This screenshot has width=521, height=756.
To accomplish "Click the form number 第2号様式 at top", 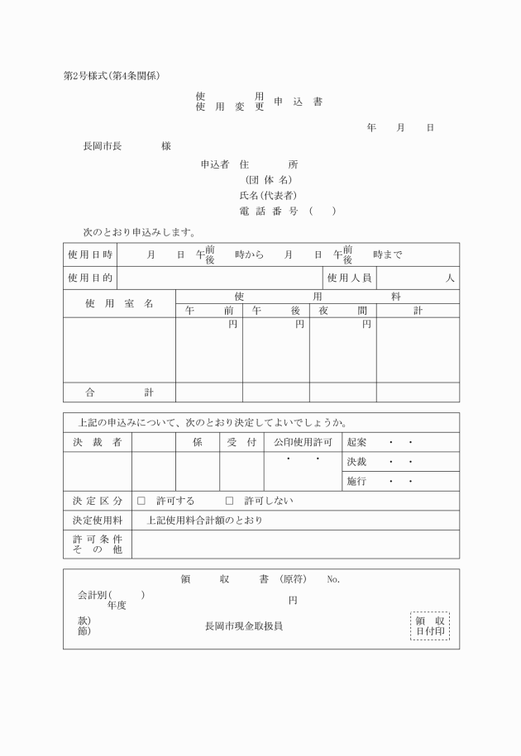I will point(88,76).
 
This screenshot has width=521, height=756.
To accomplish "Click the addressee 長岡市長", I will point(103,146).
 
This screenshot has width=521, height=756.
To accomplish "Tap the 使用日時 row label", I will point(90,254).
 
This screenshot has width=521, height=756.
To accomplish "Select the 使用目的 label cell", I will point(90,278).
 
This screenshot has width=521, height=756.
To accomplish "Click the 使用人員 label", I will point(349,278).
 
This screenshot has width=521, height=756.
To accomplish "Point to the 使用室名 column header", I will point(119,303).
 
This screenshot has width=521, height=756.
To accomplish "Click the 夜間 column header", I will point(343,311).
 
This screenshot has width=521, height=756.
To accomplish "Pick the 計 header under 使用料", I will point(418,311).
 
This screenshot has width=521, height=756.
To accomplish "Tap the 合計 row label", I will point(119,392).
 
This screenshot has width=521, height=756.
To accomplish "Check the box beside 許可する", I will point(141,501).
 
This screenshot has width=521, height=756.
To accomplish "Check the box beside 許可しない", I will point(230,501).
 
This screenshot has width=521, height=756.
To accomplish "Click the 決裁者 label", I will point(97,442).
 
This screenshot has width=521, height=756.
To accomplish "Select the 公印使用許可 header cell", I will point(303,442).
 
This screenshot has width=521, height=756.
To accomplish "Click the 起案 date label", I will point(356,442).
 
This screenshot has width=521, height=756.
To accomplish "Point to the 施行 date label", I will point(356,481).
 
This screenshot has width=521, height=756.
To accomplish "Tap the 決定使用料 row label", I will point(97,521).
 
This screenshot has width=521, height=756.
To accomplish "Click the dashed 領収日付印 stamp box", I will point(430,625).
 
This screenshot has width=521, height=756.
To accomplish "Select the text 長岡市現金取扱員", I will point(244,626).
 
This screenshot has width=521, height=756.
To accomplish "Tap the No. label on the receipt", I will point(333,580).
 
